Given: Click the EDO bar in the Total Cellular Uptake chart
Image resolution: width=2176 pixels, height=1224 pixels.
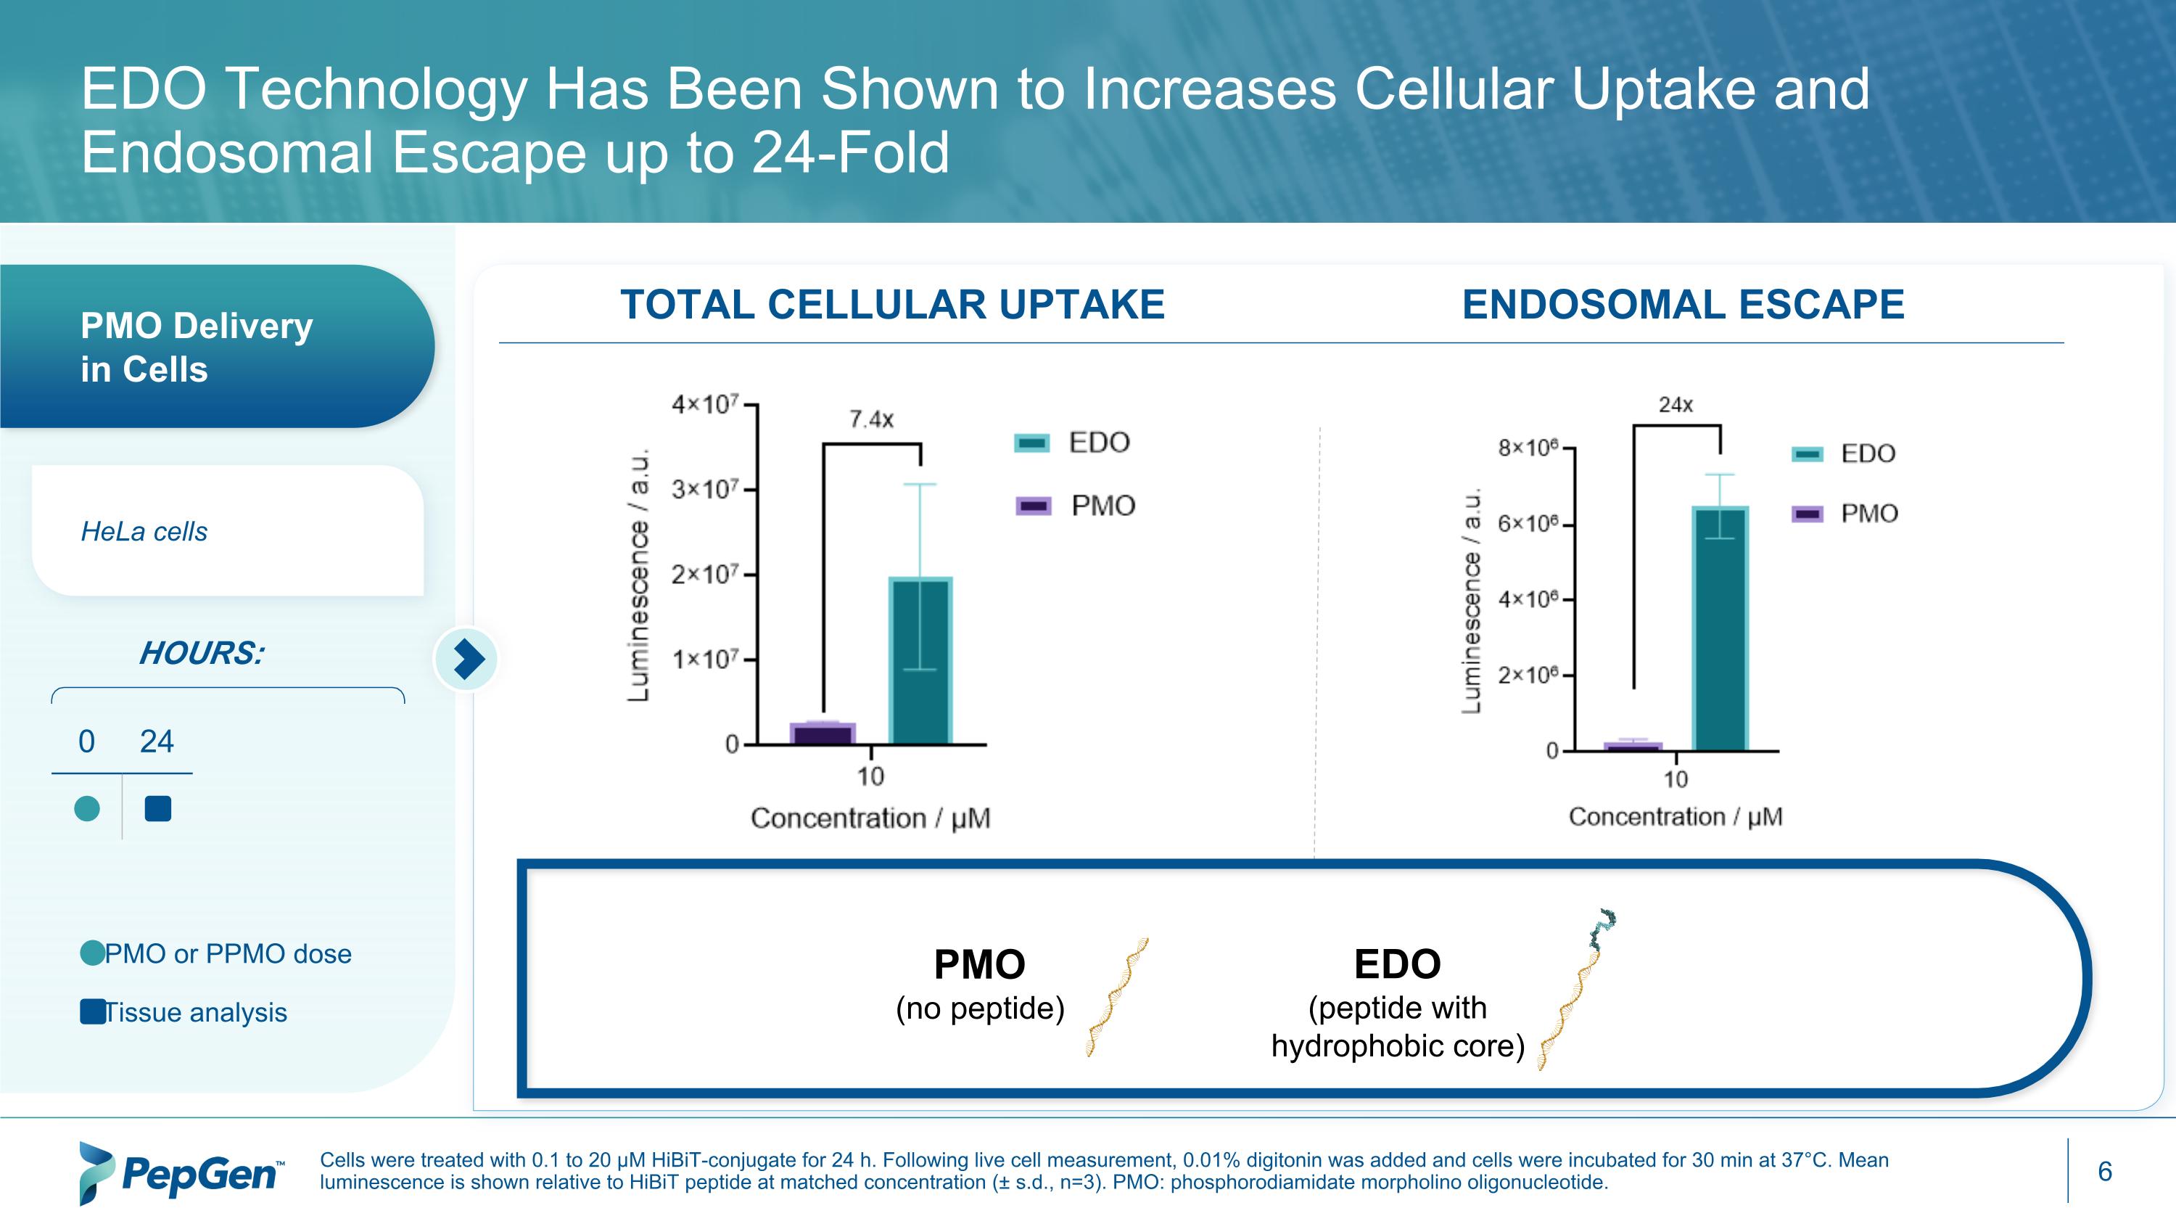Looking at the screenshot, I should click(920, 660).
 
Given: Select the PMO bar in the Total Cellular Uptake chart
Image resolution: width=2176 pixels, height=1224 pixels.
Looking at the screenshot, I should click(822, 732).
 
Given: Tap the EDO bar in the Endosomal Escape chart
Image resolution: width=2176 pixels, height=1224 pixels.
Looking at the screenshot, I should click(1719, 628).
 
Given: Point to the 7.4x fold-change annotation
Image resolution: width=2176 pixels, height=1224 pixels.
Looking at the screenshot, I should click(871, 419).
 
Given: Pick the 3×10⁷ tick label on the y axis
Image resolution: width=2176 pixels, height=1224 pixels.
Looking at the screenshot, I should click(705, 489).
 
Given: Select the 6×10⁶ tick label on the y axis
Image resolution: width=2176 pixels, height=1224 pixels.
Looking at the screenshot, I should click(1528, 524).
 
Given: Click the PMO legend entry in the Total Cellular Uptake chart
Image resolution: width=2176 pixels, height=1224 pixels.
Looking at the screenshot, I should click(1076, 506).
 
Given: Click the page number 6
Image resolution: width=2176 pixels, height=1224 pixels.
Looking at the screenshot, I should click(2104, 1171).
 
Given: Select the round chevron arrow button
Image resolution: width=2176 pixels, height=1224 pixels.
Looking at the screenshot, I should click(466, 659).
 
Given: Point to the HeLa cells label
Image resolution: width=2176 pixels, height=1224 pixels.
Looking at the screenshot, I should click(144, 531).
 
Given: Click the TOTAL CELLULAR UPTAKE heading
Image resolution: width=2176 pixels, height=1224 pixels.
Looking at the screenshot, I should click(892, 304).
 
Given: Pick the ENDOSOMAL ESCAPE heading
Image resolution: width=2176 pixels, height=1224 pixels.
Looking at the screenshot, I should click(1683, 304).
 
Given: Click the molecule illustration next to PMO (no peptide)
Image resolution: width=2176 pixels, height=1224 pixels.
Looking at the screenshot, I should click(1117, 997).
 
